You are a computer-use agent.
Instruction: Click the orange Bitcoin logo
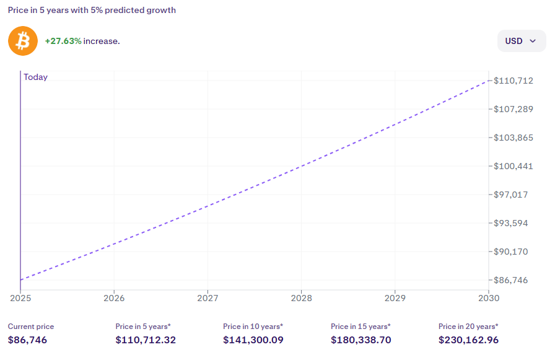point(23,41)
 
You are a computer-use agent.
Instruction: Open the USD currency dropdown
point(521,41)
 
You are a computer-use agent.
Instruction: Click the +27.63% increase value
point(63,41)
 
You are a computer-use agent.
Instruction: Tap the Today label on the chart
point(35,77)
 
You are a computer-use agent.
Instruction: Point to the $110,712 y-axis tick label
point(513,81)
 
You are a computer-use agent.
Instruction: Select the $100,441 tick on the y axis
point(513,166)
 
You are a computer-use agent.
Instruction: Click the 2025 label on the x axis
point(20,298)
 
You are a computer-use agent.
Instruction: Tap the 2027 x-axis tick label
point(208,298)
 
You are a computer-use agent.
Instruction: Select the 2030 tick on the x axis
point(489,298)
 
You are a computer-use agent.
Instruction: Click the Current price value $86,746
point(27,340)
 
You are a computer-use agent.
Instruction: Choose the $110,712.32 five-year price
point(146,340)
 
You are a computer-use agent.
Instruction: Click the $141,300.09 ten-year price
point(253,340)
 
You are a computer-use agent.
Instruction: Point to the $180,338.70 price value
point(361,340)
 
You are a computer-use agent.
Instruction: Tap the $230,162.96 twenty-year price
point(468,340)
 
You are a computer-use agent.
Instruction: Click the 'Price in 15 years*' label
point(361,326)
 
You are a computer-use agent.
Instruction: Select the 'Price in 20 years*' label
point(468,326)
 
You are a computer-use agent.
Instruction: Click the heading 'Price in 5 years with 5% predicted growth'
point(92,10)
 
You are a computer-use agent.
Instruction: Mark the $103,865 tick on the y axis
point(513,138)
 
